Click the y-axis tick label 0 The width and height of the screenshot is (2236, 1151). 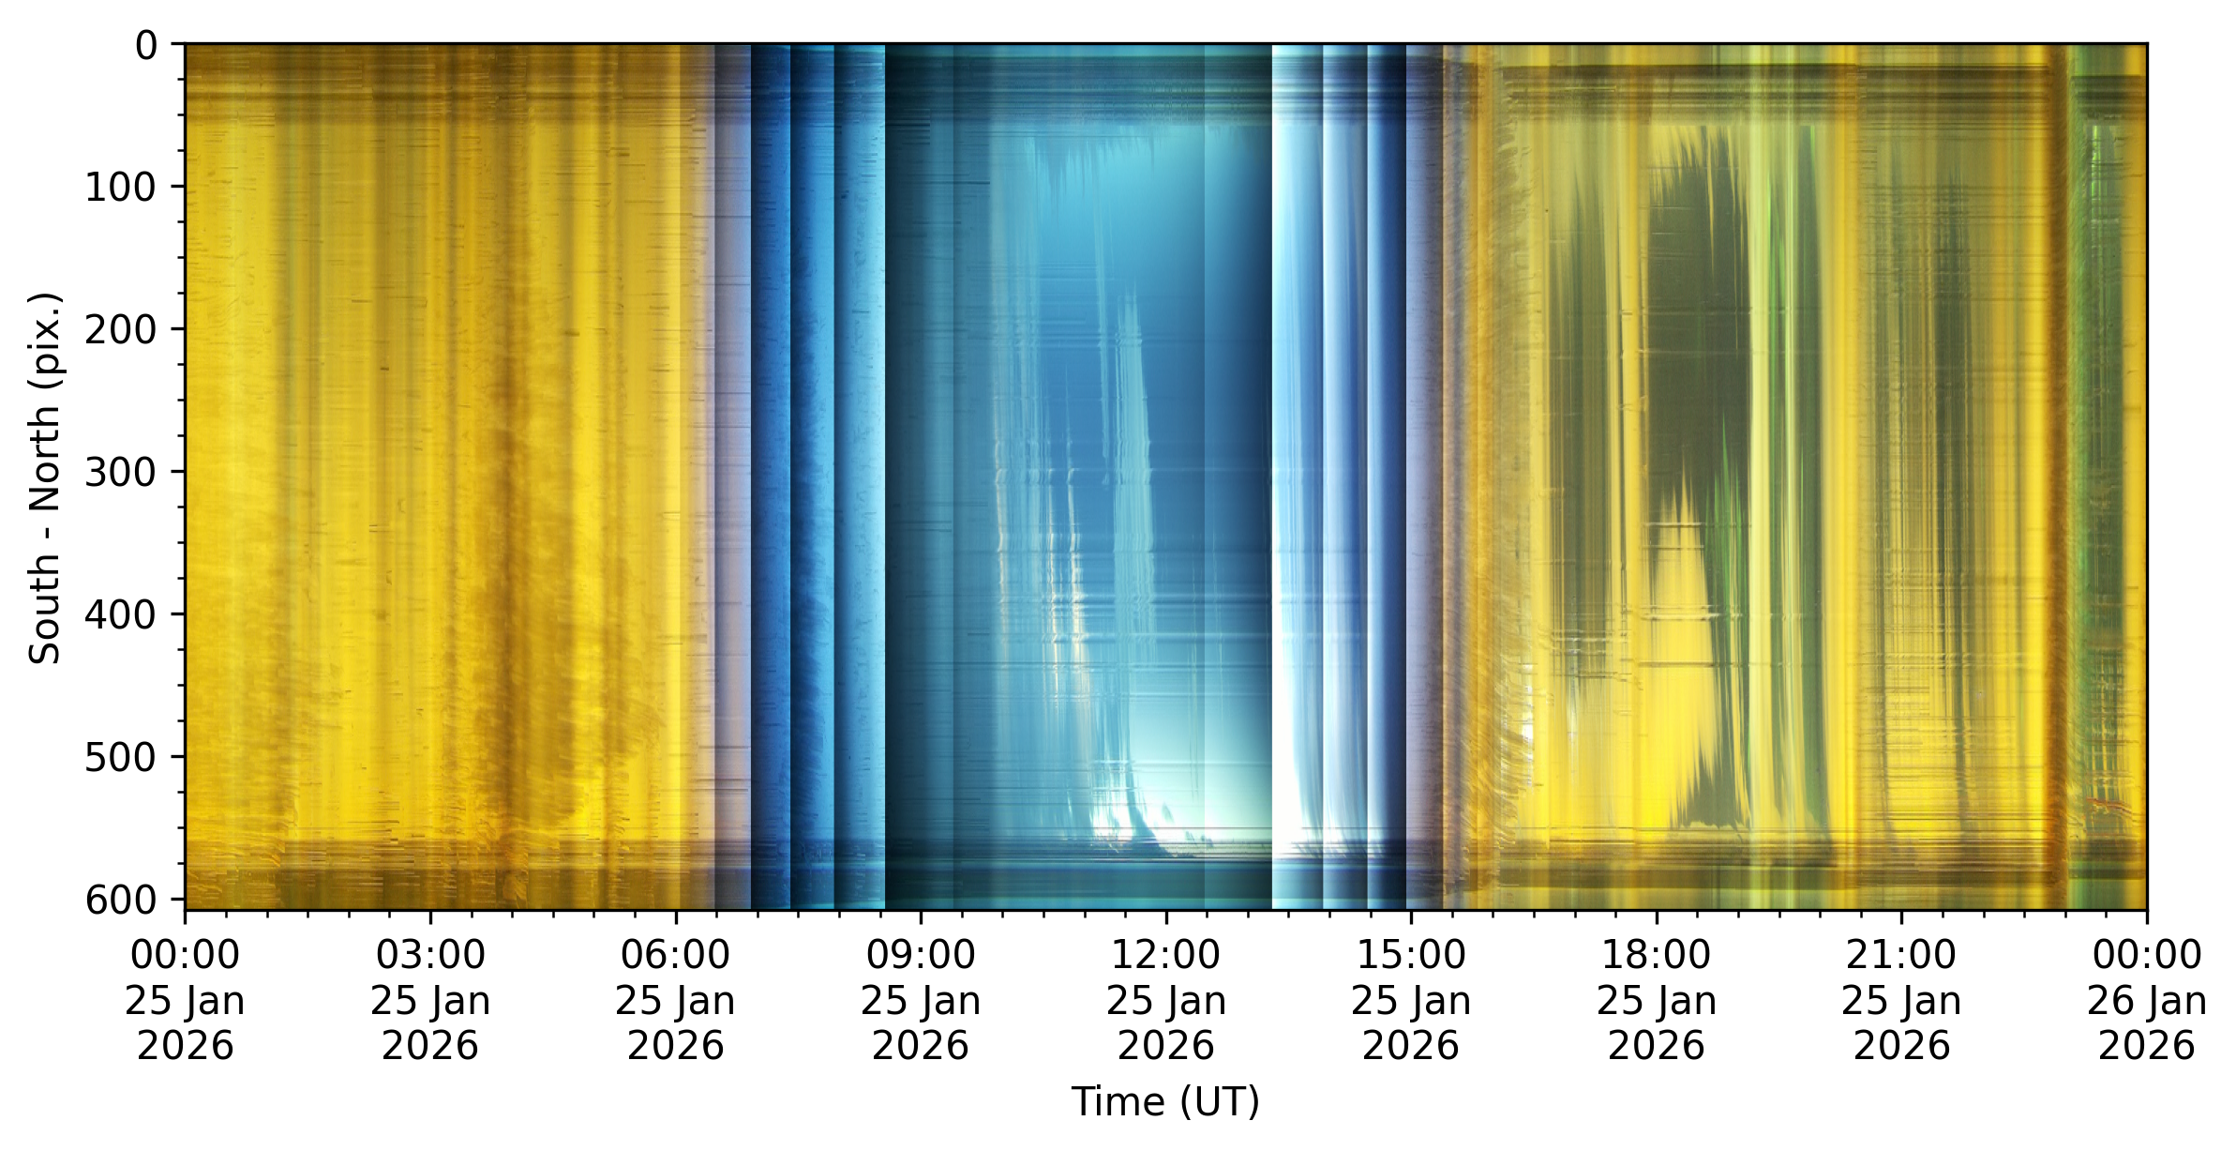tap(146, 45)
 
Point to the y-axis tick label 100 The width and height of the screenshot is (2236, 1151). tap(121, 188)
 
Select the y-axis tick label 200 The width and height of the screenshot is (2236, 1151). tap(121, 329)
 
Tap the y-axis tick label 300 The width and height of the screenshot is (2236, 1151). tap(121, 472)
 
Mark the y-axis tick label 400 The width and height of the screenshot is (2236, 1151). tap(121, 614)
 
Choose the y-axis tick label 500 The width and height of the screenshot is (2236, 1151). tap(121, 757)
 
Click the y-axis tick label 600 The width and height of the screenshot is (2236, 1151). tap(121, 900)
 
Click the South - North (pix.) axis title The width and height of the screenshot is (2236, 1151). tap(45, 478)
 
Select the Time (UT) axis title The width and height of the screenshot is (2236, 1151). tap(1165, 1101)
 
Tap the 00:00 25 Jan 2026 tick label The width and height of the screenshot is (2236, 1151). tap(185, 1000)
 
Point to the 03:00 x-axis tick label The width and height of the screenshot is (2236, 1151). tap(430, 1000)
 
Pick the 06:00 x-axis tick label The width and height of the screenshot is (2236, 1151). tap(675, 1000)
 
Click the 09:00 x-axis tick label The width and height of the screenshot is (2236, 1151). tap(921, 1000)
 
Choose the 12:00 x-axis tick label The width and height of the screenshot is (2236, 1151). tap(1165, 1000)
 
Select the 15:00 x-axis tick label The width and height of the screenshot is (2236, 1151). tap(1411, 1000)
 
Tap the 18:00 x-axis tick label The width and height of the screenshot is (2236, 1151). tap(1657, 1000)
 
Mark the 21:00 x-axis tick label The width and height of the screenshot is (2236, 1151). tap(1901, 1000)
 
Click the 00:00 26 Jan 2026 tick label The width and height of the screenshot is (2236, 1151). tap(2147, 1000)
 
